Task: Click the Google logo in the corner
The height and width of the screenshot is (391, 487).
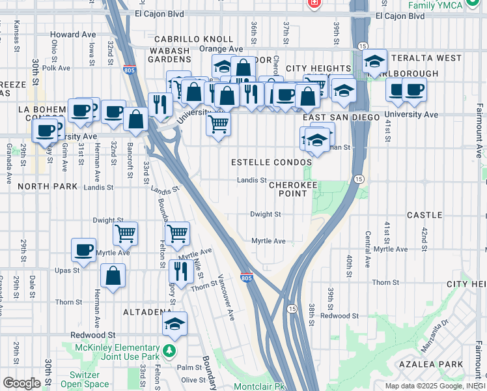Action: pyautogui.click(x=21, y=383)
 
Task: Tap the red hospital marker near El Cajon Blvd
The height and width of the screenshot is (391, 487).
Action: pyautogui.click(x=314, y=3)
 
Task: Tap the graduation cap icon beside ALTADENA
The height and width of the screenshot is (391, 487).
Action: pyautogui.click(x=174, y=324)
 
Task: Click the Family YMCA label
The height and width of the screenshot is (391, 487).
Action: pyautogui.click(x=435, y=5)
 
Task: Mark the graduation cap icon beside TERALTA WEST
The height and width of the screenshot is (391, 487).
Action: pyautogui.click(x=374, y=62)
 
